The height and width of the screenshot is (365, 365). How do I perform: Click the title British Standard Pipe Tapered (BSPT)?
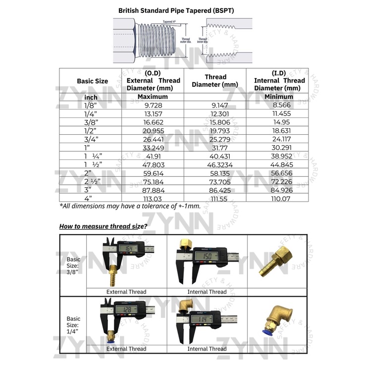click(x=184, y=9)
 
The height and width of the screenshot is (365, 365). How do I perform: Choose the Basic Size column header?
click(x=92, y=81)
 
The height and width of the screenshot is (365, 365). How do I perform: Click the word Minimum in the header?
click(x=279, y=97)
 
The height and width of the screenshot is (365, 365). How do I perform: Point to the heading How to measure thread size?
click(x=103, y=226)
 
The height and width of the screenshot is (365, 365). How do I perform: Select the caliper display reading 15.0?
click(x=209, y=256)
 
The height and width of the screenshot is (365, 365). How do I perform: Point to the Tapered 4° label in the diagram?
click(x=170, y=22)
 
